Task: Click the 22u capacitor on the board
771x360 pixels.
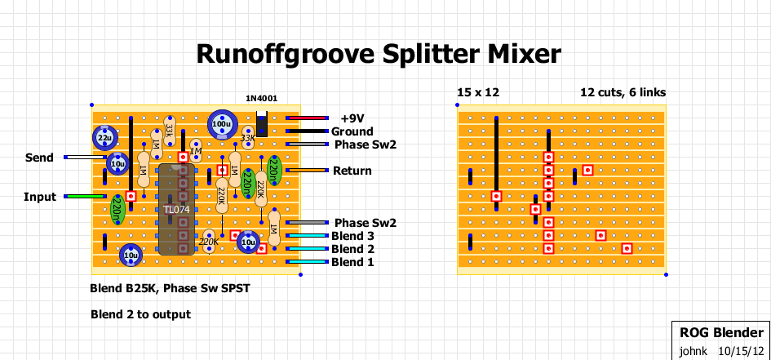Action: pos(104,137)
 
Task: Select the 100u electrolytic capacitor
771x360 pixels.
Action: pos(222,125)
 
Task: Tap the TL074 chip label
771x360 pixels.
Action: pos(175,210)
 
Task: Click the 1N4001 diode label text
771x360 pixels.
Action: pos(261,98)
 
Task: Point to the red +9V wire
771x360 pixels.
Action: pos(306,118)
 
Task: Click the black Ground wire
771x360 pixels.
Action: pos(306,131)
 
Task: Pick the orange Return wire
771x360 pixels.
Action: pos(306,171)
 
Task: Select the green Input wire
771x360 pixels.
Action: pos(85,197)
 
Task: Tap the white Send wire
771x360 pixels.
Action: pos(85,158)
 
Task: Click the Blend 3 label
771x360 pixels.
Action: pos(352,236)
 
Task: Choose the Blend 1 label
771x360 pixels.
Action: pos(352,262)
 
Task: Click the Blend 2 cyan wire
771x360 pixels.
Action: pos(306,249)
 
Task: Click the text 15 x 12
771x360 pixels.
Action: pos(478,92)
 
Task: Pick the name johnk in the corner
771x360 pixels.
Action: pos(693,351)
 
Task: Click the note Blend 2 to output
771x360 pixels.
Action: pos(140,314)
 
